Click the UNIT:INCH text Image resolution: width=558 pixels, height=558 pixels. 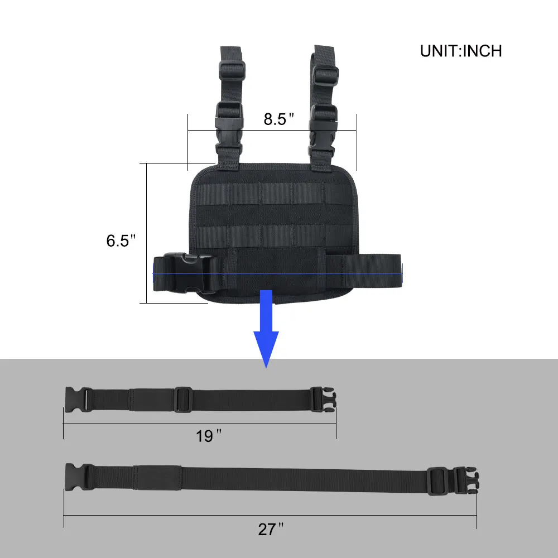point(461,51)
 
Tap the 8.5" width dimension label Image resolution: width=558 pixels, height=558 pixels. point(278,119)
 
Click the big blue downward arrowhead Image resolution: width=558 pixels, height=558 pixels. point(266,347)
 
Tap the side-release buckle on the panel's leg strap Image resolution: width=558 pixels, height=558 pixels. point(184,273)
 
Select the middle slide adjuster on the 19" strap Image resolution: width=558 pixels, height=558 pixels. point(182,400)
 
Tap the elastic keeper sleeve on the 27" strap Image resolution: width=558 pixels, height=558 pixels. point(158,478)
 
